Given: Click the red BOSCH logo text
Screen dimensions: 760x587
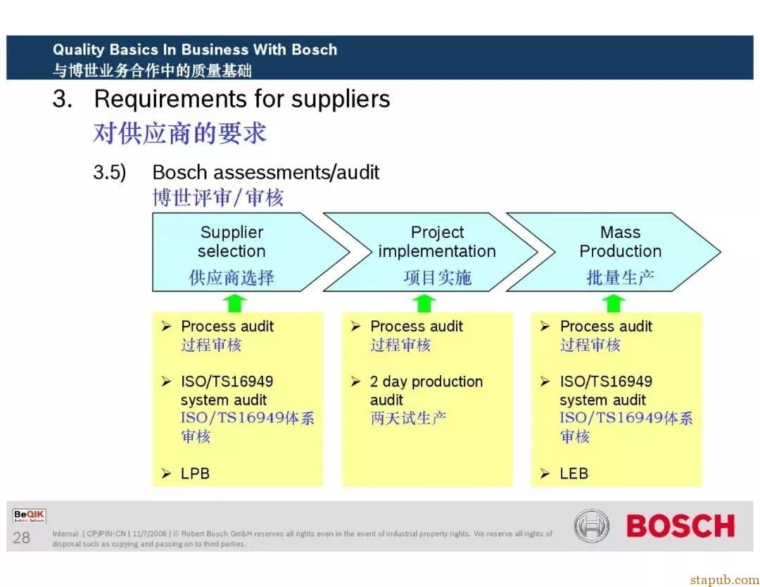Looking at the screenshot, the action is tap(680, 526).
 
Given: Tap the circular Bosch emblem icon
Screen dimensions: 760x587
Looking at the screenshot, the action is tap(592, 526).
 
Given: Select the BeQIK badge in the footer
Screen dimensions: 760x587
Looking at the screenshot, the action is tap(30, 516).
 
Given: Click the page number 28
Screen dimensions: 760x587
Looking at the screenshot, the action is tap(21, 538).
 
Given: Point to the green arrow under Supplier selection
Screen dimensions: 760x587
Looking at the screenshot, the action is tap(234, 303).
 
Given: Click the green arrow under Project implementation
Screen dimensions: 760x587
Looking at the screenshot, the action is tap(424, 303).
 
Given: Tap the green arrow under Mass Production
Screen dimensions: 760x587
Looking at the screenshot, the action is tap(613, 303).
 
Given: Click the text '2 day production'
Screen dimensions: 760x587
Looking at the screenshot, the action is tap(426, 382).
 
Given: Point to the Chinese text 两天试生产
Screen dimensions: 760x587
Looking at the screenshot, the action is tap(408, 418).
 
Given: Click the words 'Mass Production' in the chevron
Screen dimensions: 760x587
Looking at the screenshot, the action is tap(621, 241).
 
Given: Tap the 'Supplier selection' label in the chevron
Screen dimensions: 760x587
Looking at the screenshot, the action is tap(232, 241).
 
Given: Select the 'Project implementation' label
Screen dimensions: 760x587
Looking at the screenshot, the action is tap(437, 241).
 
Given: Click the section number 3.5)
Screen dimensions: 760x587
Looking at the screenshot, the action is tap(110, 172).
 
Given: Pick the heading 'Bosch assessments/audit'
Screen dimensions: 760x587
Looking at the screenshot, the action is tap(265, 172).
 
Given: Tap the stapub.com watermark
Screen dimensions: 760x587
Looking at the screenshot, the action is tap(725, 579).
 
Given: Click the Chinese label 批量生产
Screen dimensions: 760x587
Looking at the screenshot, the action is tap(621, 278).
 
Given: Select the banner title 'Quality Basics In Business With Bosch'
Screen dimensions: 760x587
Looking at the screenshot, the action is tap(195, 49).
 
